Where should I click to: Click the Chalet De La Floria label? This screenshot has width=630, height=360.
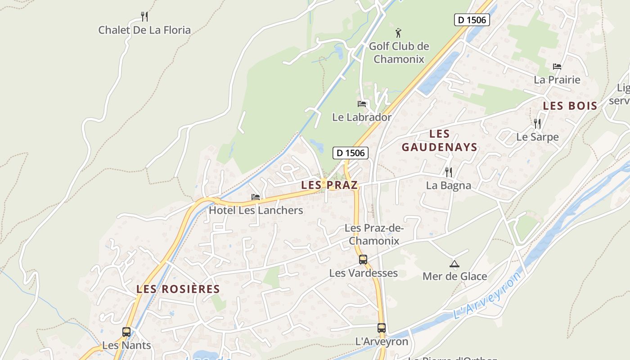click(x=144, y=30)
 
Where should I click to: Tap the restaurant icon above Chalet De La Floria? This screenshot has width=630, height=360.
click(x=144, y=17)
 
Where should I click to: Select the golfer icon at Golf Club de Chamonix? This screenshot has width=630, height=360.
click(x=398, y=32)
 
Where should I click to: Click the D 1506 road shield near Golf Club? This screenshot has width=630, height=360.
click(x=472, y=20)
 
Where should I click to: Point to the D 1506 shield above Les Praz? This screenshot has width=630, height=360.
click(x=351, y=153)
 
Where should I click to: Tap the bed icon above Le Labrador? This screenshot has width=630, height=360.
click(x=362, y=104)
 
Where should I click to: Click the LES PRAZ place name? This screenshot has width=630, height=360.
click(x=329, y=185)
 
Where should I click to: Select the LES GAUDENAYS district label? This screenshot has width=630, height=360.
click(x=439, y=140)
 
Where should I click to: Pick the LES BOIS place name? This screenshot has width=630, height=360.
click(x=570, y=106)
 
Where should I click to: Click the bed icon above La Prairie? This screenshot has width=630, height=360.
click(x=557, y=67)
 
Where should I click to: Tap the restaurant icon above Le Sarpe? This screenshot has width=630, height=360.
click(x=537, y=123)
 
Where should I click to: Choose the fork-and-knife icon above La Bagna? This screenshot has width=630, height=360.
click(x=448, y=172)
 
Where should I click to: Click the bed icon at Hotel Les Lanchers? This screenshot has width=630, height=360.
click(x=256, y=197)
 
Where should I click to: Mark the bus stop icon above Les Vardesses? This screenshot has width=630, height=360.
click(x=363, y=260)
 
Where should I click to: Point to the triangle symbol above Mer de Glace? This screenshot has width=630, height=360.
click(x=454, y=264)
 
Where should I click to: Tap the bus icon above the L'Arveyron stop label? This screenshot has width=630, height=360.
click(x=382, y=328)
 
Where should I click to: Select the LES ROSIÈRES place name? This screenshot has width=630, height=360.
click(x=178, y=289)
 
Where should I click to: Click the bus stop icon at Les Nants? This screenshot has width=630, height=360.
click(x=126, y=332)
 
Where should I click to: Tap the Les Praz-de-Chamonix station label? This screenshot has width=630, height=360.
click(x=374, y=234)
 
